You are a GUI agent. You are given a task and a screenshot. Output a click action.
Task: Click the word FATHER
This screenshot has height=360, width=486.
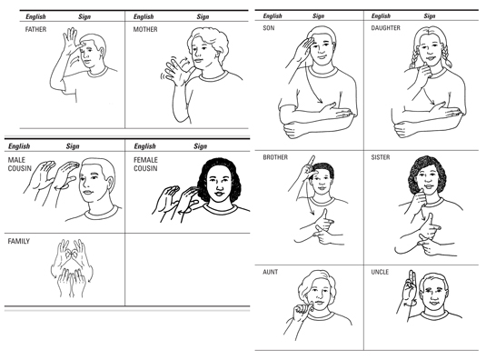pos(35,29)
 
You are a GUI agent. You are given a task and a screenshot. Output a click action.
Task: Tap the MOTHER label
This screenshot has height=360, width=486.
pos(145,29)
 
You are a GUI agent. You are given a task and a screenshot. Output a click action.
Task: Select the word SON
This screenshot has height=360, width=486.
pos(268,28)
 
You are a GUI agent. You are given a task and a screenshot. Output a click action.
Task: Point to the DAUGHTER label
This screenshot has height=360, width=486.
pos(385,28)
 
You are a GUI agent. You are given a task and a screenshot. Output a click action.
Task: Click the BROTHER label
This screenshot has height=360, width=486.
pos(275,157)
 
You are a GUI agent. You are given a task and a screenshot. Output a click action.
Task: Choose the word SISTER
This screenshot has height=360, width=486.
pos(381,157)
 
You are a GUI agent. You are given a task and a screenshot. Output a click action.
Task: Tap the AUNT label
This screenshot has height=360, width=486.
pos(271,272)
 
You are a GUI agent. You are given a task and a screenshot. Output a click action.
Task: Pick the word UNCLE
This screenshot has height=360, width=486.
pos(380,272)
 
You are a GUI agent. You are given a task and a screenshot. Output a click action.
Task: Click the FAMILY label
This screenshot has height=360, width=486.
pos(19,241)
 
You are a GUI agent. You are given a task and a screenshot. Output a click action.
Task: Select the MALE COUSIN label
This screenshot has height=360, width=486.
pos(19,164)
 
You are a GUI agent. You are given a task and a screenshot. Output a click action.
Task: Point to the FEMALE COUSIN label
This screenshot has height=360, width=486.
pos(145,164)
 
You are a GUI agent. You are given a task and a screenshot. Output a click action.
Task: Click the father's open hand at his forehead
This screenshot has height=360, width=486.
pos(71,40)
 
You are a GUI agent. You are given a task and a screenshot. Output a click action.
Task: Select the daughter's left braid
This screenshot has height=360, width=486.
pos(414,59)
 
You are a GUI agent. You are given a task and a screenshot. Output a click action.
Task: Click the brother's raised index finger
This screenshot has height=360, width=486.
pos(312,160)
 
